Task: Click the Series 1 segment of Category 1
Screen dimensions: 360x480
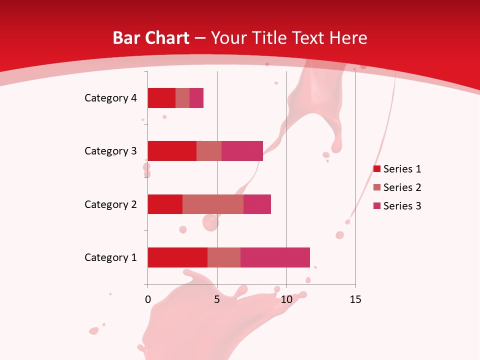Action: pos(177,257)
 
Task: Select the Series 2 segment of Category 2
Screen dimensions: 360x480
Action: pos(213,204)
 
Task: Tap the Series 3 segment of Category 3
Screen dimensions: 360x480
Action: pos(242,151)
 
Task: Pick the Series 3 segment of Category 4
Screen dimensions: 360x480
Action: pos(196,98)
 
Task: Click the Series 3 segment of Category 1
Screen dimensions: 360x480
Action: pos(275,257)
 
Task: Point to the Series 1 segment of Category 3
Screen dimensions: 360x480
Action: pos(172,151)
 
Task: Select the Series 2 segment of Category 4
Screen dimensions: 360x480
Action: pos(182,98)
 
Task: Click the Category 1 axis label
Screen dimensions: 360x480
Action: pos(110,257)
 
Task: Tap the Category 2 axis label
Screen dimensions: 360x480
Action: pos(110,204)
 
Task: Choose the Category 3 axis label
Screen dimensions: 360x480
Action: pos(110,151)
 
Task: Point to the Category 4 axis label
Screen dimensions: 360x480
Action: pos(110,98)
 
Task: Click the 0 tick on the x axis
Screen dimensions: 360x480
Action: pos(147,299)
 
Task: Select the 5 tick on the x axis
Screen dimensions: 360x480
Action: pos(217,299)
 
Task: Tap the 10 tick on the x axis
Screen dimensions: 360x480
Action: pos(286,299)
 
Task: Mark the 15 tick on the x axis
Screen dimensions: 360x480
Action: pos(355,299)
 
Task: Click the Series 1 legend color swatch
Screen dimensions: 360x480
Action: pos(377,169)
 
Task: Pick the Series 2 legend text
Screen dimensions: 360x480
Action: pos(402,187)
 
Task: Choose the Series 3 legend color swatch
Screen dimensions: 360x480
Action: pos(377,206)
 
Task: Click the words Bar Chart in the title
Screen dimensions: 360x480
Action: pos(151,38)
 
